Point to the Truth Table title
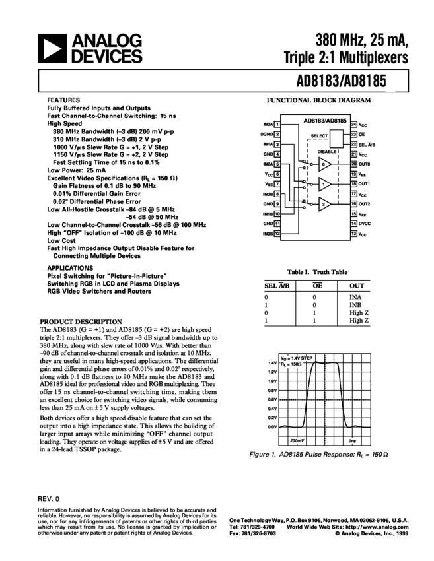[318, 271]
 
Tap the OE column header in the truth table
[314, 286]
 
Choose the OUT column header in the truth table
[355, 286]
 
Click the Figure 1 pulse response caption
[318, 455]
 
